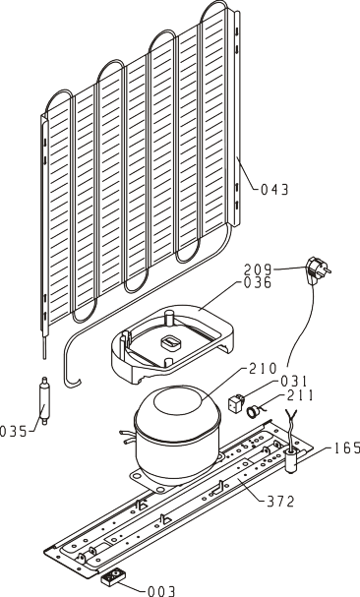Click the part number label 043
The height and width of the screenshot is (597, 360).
coord(274,189)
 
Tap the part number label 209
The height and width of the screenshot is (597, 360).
coord(258,269)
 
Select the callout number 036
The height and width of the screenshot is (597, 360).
coord(258,283)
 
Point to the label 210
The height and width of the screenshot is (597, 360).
coord(263,368)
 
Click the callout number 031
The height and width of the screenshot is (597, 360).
coord(294,382)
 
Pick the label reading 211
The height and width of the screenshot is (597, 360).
coord(301,395)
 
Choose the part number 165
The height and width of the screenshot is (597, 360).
coord(346,448)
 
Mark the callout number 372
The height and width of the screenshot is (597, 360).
coord(280,502)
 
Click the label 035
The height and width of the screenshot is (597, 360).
coord(14,432)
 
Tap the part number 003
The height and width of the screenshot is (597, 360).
coord(160,591)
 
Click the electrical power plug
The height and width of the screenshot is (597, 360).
coord(318,269)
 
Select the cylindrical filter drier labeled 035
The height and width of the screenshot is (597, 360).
coord(45,400)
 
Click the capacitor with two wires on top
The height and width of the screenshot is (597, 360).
coord(292,454)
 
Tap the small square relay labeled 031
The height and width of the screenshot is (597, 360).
coord(235,404)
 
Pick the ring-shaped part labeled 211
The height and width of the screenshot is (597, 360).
coord(252,411)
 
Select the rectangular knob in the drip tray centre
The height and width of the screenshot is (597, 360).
coord(170,342)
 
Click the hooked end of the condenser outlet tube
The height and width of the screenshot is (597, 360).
coord(73,383)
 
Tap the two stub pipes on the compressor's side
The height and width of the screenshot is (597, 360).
coord(128,437)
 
